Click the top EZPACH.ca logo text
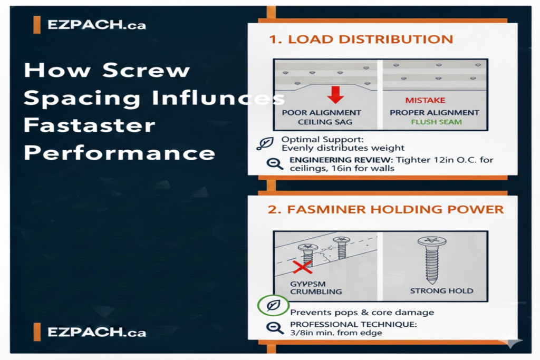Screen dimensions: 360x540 click(x=96, y=24)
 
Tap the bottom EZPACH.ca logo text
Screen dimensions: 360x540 click(x=96, y=332)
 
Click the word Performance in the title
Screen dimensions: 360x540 click(x=120, y=153)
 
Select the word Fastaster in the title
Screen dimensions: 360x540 click(x=90, y=125)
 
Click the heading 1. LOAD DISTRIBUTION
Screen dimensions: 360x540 click(x=360, y=40)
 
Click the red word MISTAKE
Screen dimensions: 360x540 click(x=425, y=100)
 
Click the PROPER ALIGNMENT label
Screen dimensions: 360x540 click(x=434, y=112)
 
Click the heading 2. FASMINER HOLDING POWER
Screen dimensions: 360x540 click(x=385, y=209)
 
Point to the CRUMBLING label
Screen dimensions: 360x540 click(x=315, y=291)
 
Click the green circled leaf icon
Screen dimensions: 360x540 click(x=273, y=305)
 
